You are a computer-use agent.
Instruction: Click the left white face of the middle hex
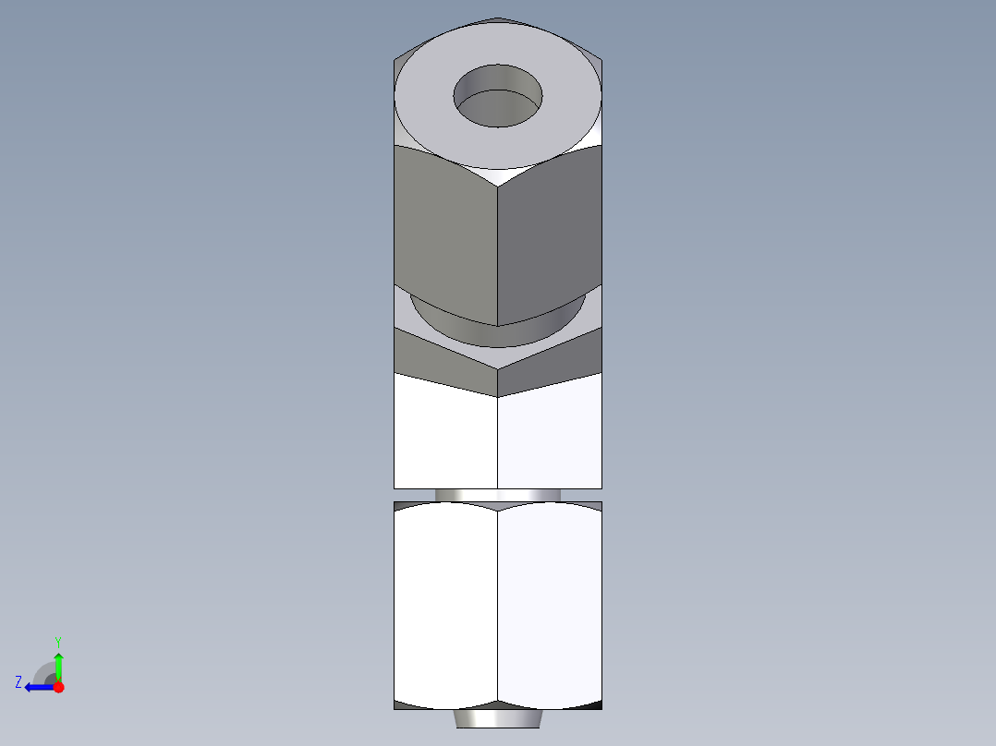click(445, 434)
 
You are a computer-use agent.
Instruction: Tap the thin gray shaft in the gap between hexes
click(498, 495)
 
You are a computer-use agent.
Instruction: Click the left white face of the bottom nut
click(445, 605)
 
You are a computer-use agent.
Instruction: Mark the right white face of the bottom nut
click(550, 605)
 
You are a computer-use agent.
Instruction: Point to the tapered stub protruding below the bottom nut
click(498, 718)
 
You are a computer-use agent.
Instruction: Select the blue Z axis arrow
click(38, 687)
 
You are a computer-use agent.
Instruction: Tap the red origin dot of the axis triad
click(58, 687)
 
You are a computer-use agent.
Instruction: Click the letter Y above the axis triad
click(57, 641)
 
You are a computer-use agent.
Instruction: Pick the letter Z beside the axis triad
click(18, 682)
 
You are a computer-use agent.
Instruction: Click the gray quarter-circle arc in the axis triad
click(43, 672)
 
